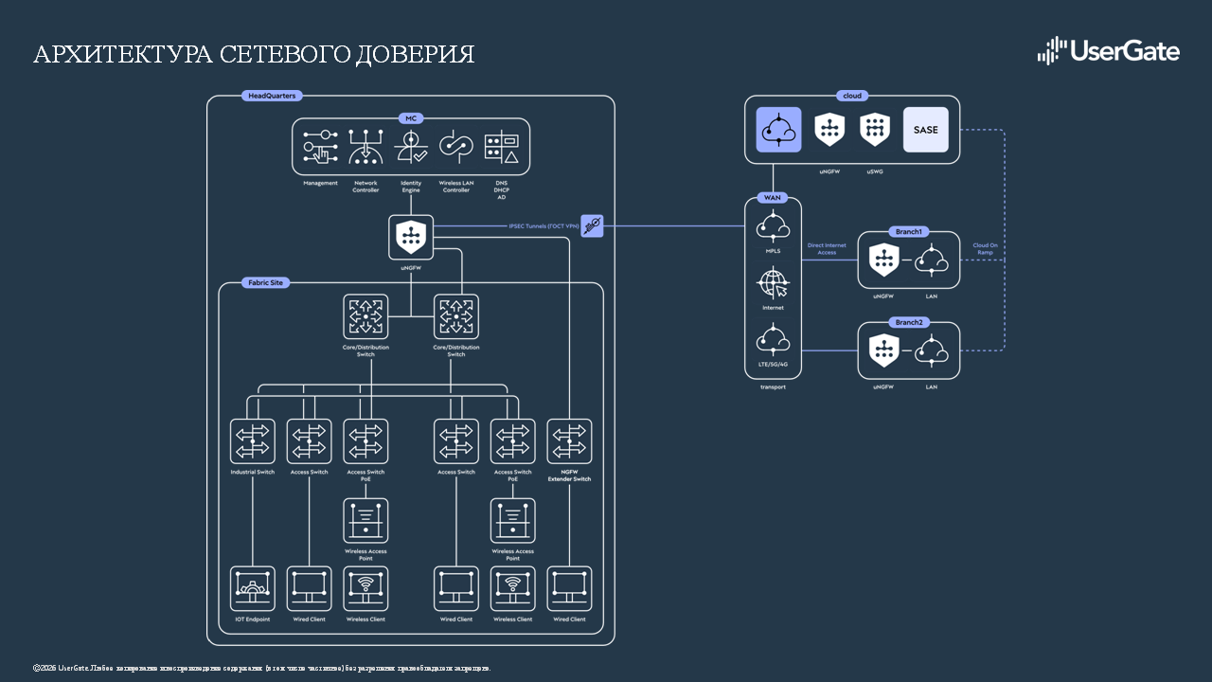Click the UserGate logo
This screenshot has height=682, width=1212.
1109,51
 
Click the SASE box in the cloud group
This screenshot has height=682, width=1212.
925,130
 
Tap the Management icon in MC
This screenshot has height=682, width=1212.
320,149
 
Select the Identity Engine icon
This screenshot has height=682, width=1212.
411,149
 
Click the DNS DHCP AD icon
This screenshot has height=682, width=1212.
501,149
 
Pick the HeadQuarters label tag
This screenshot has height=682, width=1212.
271,96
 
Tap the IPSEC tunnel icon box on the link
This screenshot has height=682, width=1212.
592,225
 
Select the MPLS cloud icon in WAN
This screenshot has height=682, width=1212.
774,225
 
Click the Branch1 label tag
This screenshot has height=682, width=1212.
908,231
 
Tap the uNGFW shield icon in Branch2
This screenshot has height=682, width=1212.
883,350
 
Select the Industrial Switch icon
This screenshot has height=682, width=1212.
253,441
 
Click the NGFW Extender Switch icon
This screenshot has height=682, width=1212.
569,441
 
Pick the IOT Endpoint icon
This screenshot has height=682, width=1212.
253,588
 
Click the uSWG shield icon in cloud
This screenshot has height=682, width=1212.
875,130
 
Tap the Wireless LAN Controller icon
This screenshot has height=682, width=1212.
455,149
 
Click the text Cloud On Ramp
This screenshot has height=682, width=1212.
986,249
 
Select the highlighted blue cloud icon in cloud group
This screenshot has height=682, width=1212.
778,130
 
